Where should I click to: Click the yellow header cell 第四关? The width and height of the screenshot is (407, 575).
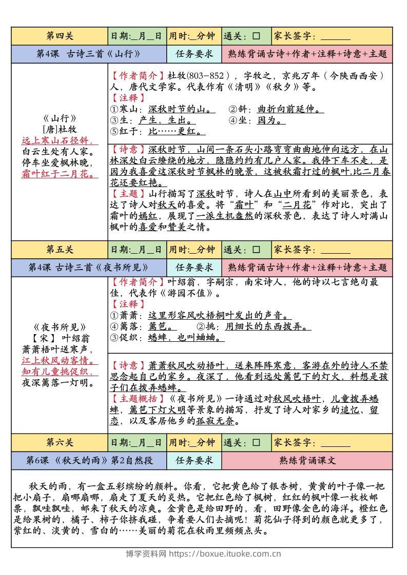[60, 36]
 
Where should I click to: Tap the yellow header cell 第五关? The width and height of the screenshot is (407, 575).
[60, 250]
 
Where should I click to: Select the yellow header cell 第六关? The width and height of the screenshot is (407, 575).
[60, 442]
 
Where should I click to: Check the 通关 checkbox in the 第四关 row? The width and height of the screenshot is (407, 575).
[256, 36]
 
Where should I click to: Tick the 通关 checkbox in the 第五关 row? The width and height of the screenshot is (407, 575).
[256, 250]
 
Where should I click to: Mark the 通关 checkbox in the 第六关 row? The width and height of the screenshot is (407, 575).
[256, 442]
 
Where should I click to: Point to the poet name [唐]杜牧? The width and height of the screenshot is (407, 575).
[60, 130]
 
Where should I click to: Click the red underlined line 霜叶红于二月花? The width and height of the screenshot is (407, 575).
[60, 174]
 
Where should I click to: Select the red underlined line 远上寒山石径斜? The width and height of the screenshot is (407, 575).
[60, 140]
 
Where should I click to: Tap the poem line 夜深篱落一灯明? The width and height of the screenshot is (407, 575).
[60, 382]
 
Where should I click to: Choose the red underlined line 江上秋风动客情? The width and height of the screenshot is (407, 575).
[60, 360]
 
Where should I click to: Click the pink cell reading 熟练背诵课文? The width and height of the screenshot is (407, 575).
[307, 460]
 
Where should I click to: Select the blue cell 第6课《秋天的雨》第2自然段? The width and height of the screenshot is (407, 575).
[89, 460]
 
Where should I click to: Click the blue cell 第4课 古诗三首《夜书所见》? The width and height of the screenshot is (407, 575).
[89, 268]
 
